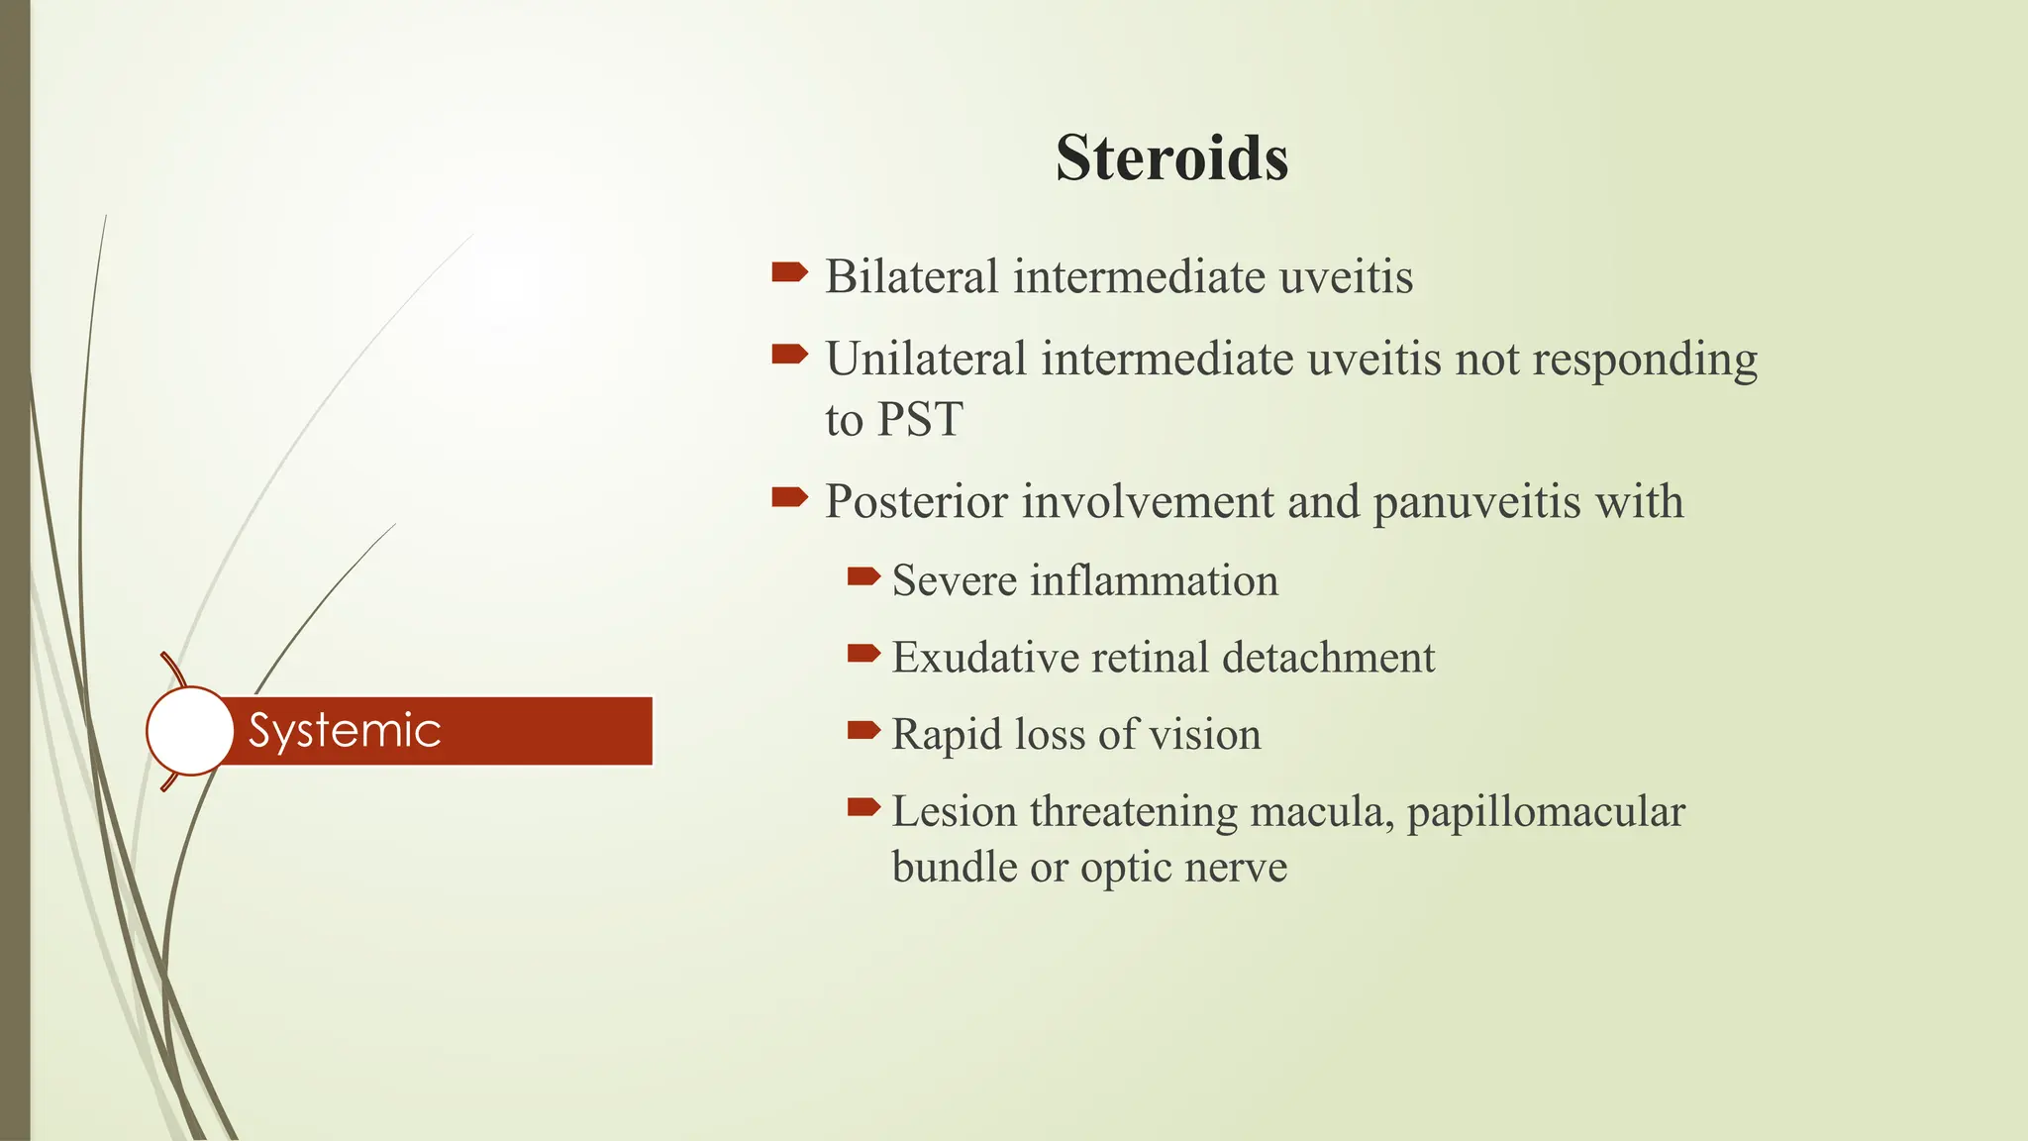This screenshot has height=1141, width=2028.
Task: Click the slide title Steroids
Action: pyautogui.click(x=1171, y=157)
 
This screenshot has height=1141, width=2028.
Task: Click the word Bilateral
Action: pyautogui.click(x=911, y=276)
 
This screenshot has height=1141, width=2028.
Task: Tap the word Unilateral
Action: pyautogui.click(x=925, y=359)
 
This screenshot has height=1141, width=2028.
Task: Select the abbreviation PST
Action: pyautogui.click(x=920, y=420)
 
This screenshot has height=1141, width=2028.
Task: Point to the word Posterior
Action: pyautogui.click(x=915, y=502)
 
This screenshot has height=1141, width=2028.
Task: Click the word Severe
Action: pyautogui.click(x=954, y=580)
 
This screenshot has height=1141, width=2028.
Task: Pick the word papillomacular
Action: pyautogui.click(x=1545, y=812)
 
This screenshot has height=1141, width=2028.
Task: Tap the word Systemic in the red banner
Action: pyautogui.click(x=344, y=731)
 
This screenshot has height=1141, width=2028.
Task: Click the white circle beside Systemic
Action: pyautogui.click(x=190, y=731)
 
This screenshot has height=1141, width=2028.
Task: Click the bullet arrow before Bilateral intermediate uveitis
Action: pyautogui.click(x=789, y=271)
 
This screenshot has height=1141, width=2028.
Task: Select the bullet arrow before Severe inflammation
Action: pyautogui.click(x=863, y=575)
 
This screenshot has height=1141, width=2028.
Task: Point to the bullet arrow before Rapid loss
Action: pyautogui.click(x=863, y=731)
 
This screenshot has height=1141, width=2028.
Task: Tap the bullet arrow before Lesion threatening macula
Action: pyautogui.click(x=863, y=808)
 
